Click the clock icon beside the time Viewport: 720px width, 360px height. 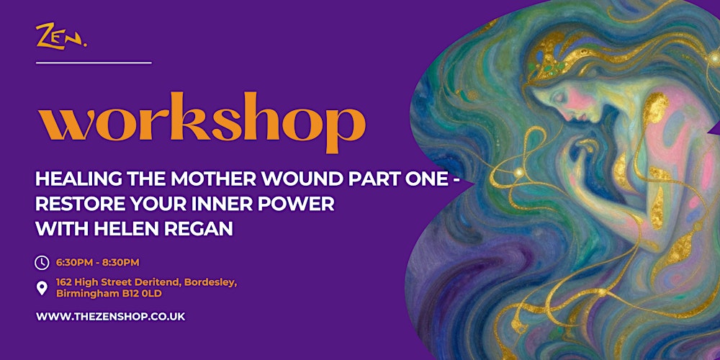pos(42,263)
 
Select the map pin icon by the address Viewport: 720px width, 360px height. pos(42,289)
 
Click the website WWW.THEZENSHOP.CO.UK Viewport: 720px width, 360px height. pos(110,316)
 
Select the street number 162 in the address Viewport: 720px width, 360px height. pos(65,282)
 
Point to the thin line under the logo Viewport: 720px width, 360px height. pos(94,63)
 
